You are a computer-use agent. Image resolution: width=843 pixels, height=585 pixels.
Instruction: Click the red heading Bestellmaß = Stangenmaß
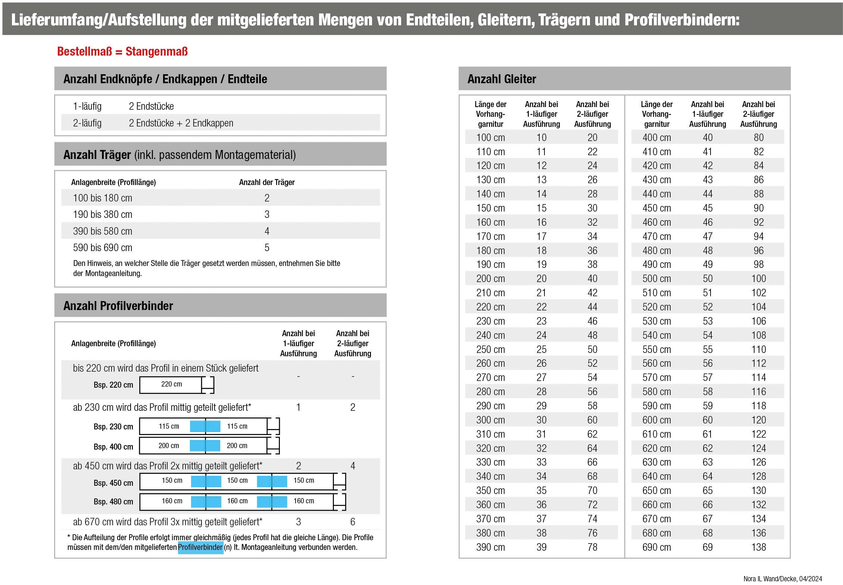[x=122, y=51]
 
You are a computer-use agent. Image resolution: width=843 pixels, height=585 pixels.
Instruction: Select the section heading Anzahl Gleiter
[x=501, y=79]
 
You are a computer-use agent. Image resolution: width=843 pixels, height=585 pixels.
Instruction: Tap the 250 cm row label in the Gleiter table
[x=490, y=350]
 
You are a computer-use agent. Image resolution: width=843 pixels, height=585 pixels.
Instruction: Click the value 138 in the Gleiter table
[x=758, y=547]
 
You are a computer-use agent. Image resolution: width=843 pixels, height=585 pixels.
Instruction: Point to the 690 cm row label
[x=656, y=547]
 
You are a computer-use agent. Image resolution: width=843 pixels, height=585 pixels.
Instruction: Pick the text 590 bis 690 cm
[x=103, y=248]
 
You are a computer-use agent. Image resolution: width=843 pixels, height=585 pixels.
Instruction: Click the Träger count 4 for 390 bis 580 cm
[x=267, y=231]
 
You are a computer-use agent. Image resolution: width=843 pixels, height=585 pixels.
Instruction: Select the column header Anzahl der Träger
[x=267, y=182]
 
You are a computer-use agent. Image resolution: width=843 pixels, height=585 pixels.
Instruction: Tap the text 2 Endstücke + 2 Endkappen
[x=181, y=123]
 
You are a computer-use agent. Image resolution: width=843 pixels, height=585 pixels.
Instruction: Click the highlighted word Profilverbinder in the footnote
[x=200, y=547]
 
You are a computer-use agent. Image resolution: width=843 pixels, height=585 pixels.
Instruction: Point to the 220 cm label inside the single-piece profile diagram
[x=171, y=384]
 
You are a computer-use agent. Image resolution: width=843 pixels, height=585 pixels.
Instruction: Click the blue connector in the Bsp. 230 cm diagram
[x=205, y=426]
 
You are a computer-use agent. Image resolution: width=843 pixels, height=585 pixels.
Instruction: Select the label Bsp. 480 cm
[x=113, y=502]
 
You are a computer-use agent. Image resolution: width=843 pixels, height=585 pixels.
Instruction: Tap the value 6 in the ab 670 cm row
[x=353, y=522]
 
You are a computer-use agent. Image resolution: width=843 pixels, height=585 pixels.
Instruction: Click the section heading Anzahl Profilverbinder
[x=118, y=306]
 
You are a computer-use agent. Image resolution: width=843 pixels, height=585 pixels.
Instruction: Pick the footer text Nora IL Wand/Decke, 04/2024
[x=783, y=579]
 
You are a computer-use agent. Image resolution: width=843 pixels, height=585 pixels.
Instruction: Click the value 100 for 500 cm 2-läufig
[x=758, y=279]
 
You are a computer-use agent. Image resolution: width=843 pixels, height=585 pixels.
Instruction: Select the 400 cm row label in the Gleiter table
[x=656, y=138]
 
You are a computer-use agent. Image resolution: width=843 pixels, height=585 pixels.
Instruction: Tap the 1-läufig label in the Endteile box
[x=87, y=106]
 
